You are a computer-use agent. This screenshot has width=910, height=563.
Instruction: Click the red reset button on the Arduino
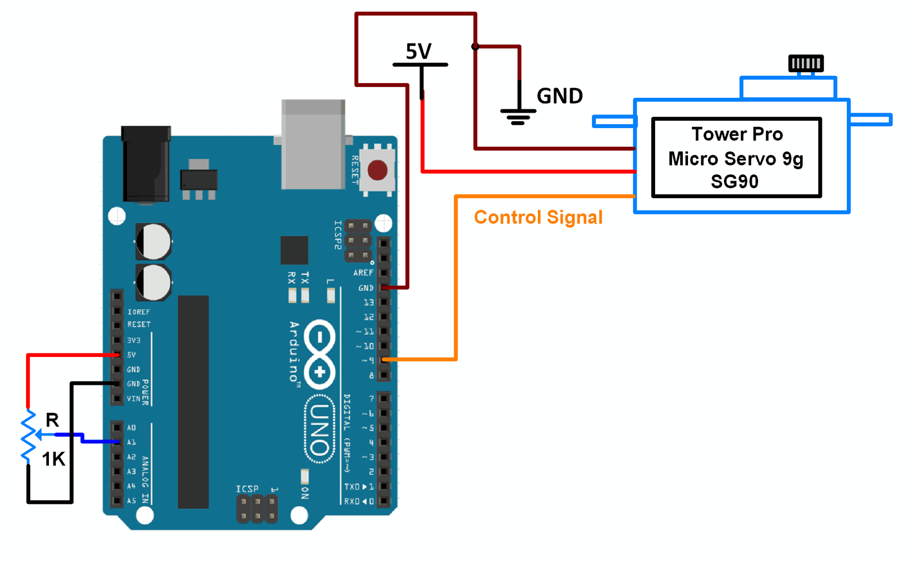tap(377, 170)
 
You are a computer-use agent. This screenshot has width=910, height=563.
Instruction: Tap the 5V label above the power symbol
tap(418, 51)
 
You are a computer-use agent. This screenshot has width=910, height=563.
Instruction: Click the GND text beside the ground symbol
tap(559, 96)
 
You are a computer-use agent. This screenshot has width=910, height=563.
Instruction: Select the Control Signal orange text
tap(538, 217)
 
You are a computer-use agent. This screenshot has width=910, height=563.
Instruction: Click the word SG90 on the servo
tap(734, 182)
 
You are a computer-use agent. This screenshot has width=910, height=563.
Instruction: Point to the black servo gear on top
tap(805, 63)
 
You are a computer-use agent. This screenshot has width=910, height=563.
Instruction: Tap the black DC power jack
tap(146, 164)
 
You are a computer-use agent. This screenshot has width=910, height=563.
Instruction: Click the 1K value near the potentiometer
tap(53, 459)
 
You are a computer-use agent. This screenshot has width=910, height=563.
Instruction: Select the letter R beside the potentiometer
tap(52, 420)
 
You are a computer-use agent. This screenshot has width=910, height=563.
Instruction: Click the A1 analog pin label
tap(131, 442)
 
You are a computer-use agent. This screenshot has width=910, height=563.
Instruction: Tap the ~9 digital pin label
tap(368, 360)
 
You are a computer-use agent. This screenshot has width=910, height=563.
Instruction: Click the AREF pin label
tap(363, 273)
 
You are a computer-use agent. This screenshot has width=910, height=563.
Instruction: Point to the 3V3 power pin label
tap(133, 340)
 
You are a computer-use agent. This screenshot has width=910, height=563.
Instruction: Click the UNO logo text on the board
tap(320, 429)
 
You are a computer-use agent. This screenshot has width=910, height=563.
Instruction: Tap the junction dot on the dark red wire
tap(475, 47)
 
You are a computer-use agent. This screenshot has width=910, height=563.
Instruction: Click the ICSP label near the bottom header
tap(247, 489)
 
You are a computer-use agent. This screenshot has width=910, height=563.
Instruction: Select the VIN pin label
tap(133, 398)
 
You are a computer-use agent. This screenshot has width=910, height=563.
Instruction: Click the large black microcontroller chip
tap(193, 401)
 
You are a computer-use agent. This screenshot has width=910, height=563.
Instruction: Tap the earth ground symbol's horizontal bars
tap(518, 116)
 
